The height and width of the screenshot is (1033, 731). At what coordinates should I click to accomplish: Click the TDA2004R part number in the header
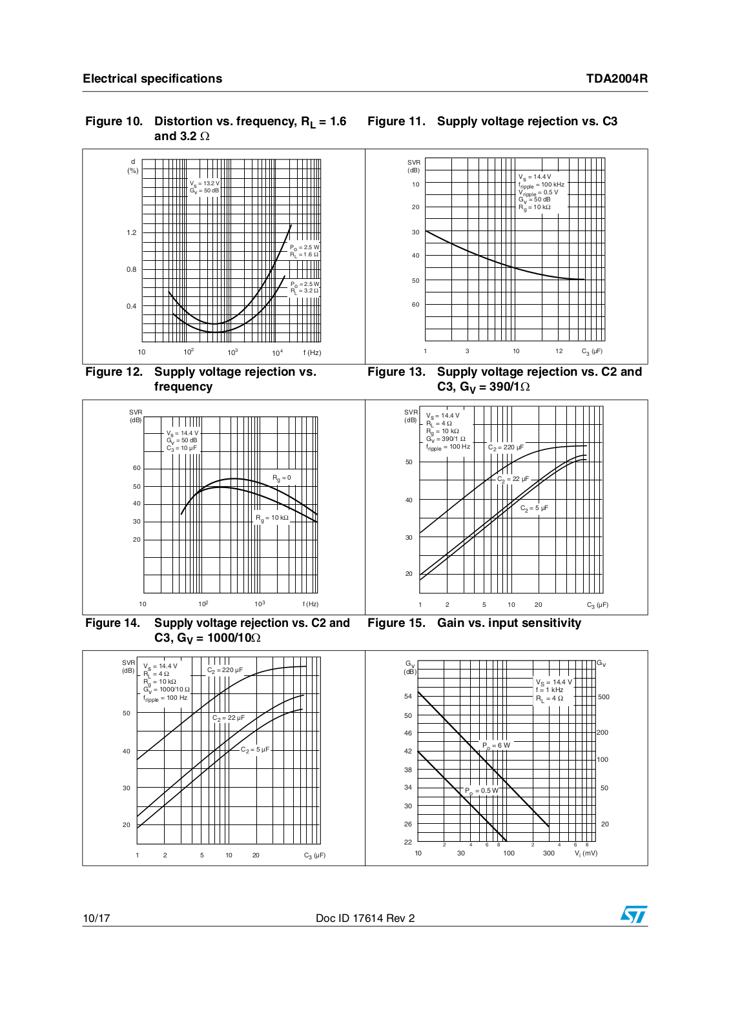point(617,78)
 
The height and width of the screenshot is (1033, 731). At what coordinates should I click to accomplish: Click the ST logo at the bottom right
point(633,914)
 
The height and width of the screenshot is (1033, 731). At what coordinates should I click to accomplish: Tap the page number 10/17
point(96,918)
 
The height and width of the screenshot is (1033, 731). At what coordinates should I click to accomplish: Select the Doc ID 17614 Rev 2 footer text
point(365,918)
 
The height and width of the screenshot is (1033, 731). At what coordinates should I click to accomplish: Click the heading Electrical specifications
point(152,78)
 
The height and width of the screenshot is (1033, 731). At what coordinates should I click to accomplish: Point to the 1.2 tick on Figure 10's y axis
point(132,232)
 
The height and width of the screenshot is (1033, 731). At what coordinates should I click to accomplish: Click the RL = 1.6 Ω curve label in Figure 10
point(304,254)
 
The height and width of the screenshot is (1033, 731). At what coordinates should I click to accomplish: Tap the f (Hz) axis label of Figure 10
point(313,353)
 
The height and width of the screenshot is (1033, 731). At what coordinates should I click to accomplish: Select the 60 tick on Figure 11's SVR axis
point(415,304)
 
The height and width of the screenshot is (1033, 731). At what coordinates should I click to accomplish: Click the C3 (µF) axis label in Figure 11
point(592,351)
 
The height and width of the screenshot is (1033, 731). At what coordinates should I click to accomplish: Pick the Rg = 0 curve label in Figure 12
point(282,478)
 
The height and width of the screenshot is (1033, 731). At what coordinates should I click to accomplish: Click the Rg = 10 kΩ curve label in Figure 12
point(272,518)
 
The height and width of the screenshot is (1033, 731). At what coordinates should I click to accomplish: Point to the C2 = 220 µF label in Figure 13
point(506,447)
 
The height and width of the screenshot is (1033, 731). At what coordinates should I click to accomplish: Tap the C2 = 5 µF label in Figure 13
point(535,508)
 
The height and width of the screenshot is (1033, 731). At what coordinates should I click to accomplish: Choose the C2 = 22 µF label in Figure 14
point(229,718)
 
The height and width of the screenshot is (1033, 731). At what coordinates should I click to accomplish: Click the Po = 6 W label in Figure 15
point(496,746)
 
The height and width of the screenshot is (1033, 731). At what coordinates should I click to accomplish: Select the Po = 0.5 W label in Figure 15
point(482,791)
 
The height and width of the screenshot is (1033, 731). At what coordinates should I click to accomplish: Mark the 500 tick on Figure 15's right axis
point(604,697)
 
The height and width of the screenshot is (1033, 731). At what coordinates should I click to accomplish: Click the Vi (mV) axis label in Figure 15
point(586,853)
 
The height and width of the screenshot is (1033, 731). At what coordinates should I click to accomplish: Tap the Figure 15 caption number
point(396,622)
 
